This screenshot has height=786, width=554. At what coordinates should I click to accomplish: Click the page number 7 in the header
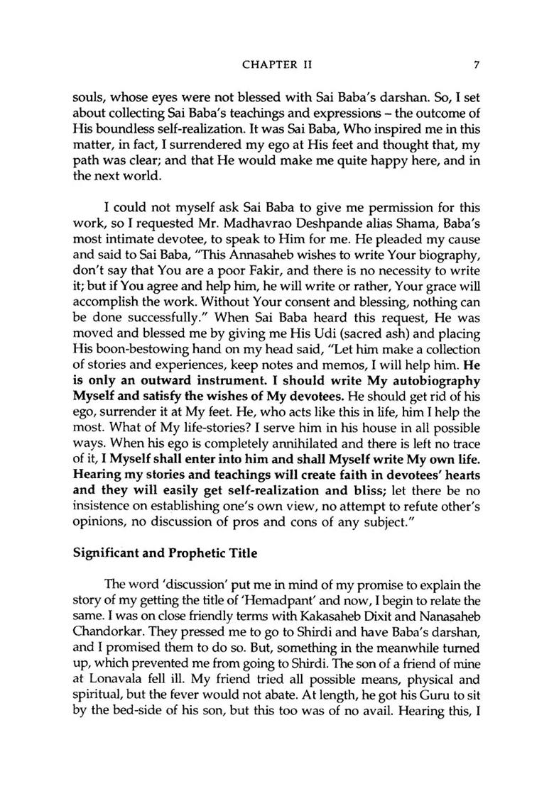(478, 65)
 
